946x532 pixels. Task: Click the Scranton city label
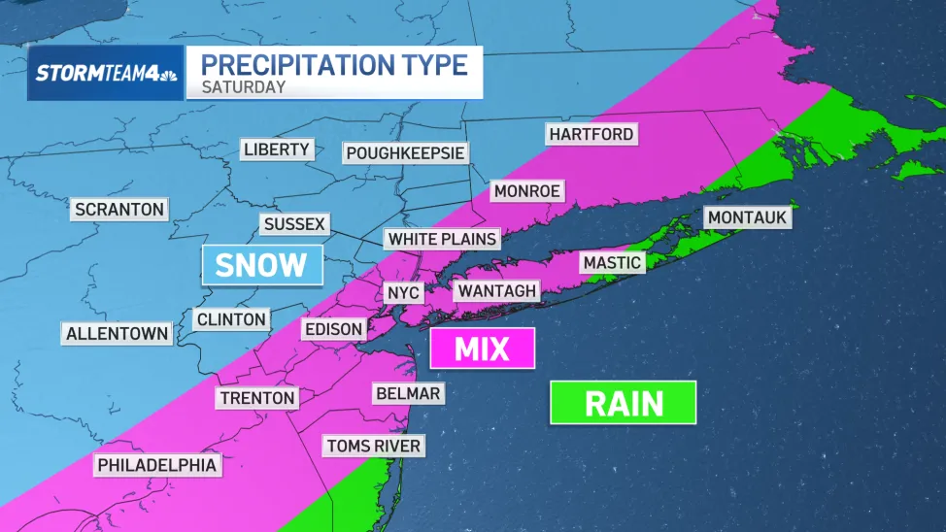click(119, 209)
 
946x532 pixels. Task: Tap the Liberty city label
click(277, 150)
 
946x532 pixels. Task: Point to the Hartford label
click(591, 134)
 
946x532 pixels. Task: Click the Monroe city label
click(526, 191)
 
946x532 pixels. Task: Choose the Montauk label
click(748, 217)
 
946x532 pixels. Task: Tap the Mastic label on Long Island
click(612, 262)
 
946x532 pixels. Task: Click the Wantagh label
click(496, 291)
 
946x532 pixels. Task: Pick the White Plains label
click(442, 239)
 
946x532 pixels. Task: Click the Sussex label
click(293, 224)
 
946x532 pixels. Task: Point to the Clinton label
click(230, 319)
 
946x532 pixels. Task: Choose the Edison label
click(333, 329)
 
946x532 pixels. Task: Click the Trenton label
click(256, 398)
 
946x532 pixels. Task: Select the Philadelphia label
click(156, 465)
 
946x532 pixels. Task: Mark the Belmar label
click(408, 393)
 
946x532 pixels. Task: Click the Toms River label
click(374, 446)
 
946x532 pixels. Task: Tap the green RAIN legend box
click(623, 403)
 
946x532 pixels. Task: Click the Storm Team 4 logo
click(106, 73)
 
